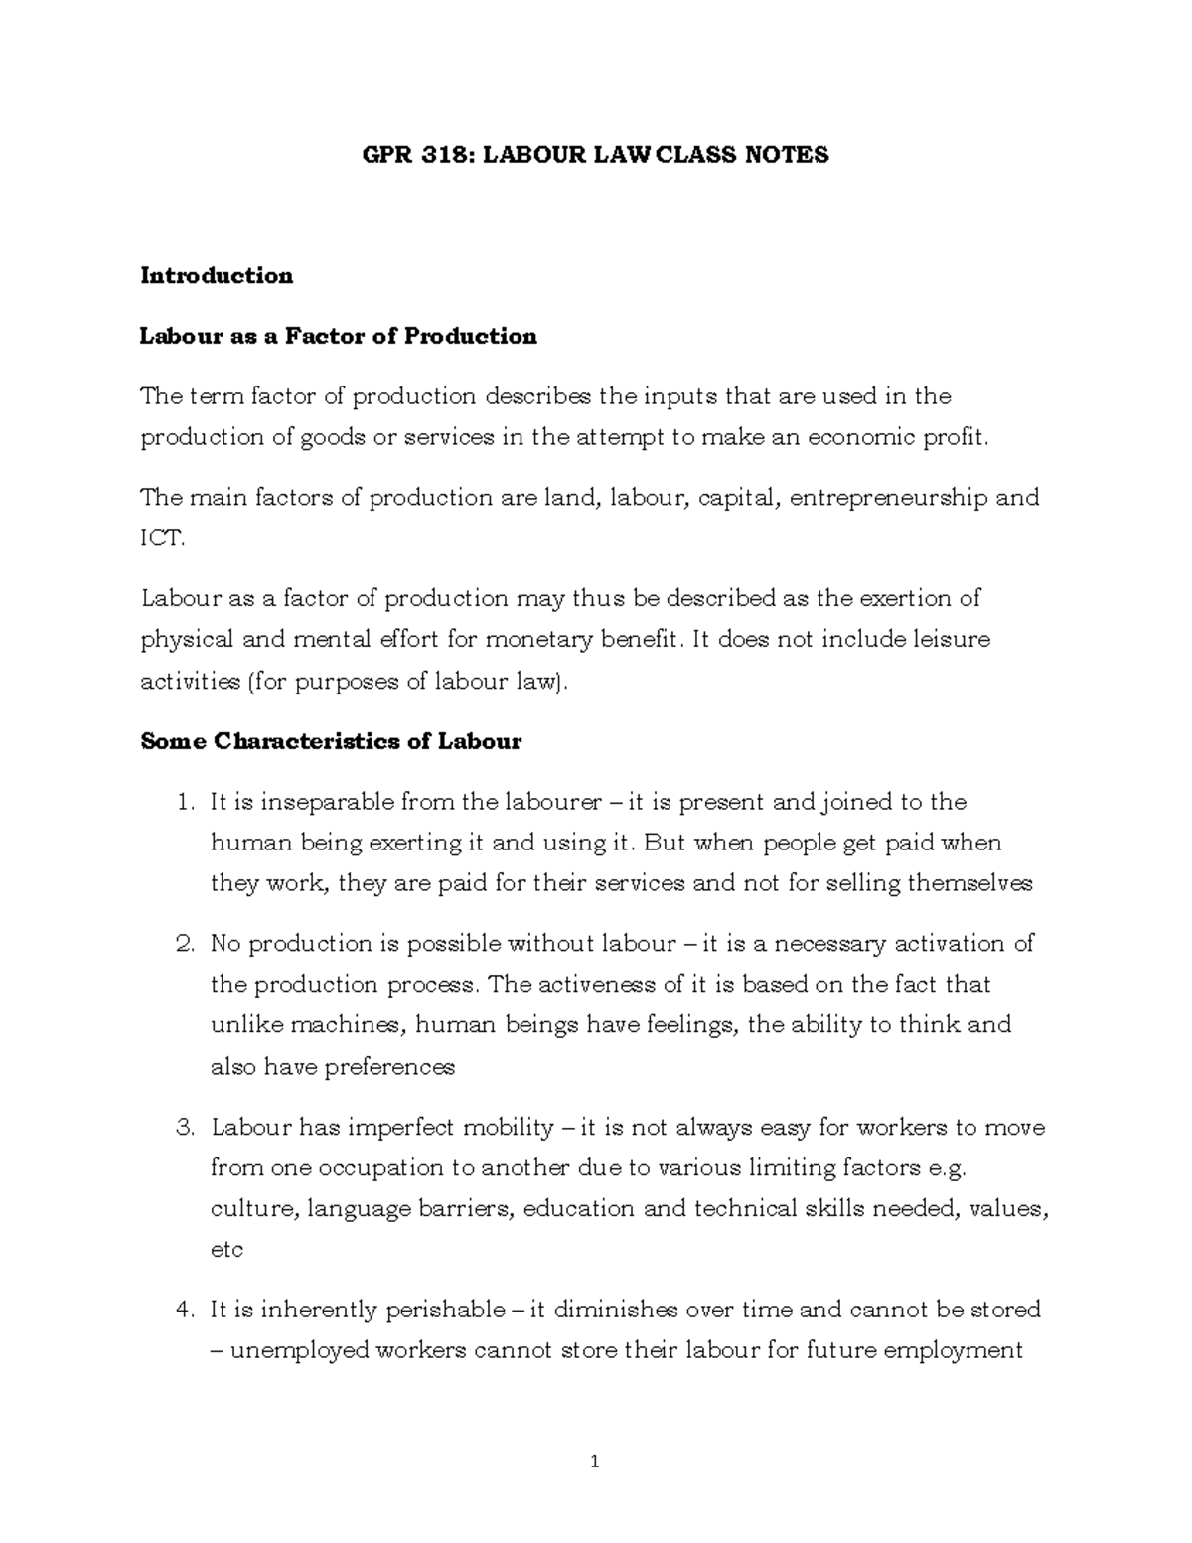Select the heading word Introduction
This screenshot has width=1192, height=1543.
217,276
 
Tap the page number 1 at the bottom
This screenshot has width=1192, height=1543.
595,1462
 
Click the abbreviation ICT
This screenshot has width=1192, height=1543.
161,539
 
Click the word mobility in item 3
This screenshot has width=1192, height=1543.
501,1128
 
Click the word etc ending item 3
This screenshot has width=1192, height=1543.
226,1250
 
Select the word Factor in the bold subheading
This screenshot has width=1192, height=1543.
327,337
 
